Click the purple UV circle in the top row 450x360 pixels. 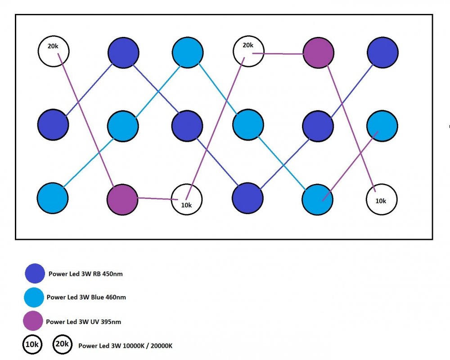coord(318,53)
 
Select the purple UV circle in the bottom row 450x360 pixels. coord(122,198)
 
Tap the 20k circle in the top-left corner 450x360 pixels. coord(54,50)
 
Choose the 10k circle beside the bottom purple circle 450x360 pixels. coord(187,199)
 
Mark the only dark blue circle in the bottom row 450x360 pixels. coord(247,198)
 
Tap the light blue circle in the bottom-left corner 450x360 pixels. coord(53,198)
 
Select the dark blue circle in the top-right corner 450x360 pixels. coord(382,53)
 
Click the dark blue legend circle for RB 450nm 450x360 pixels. coord(35,274)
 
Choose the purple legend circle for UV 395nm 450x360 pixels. coord(33,321)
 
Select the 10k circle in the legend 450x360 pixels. coord(32,345)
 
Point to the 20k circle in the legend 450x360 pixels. coord(62,345)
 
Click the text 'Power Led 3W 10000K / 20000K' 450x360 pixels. coord(126,346)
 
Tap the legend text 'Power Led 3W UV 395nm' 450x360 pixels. coord(83,322)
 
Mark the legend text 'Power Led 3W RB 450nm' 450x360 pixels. coord(85,274)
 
